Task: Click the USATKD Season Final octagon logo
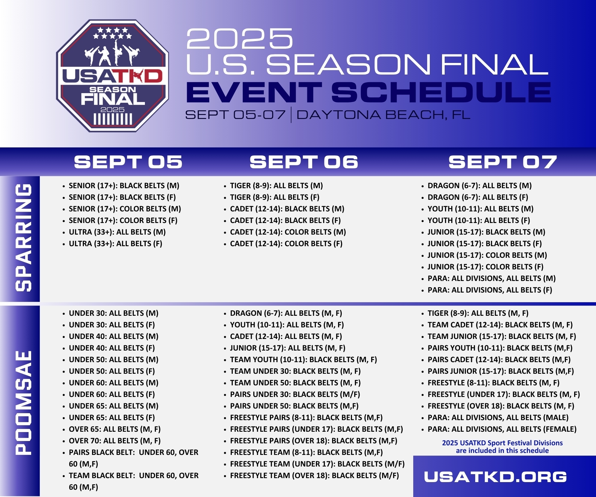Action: pos(113,76)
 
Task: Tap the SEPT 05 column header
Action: pos(128,162)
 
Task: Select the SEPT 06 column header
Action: pos(304,162)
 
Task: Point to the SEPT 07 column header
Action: pos(503,162)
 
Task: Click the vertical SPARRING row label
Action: pos(24,238)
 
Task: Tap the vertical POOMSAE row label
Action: pos(24,403)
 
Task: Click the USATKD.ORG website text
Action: pos(495,477)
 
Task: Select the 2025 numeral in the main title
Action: pos(240,38)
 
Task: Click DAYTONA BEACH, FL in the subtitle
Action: pos(383,115)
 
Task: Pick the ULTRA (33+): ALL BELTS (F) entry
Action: pos(116,244)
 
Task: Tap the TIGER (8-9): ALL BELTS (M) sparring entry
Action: pos(276,186)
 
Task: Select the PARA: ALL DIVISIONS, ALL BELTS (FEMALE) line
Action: pos(502,429)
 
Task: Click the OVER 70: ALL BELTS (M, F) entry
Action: pos(115,441)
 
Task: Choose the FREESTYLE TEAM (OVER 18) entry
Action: pos(315,476)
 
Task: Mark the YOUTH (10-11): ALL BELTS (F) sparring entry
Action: pos(479,221)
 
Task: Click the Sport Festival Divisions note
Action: pos(502,447)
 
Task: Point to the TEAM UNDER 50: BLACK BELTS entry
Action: pos(295,383)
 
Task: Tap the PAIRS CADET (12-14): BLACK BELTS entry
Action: pos(499,360)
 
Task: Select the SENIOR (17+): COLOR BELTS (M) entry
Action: pos(125,209)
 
